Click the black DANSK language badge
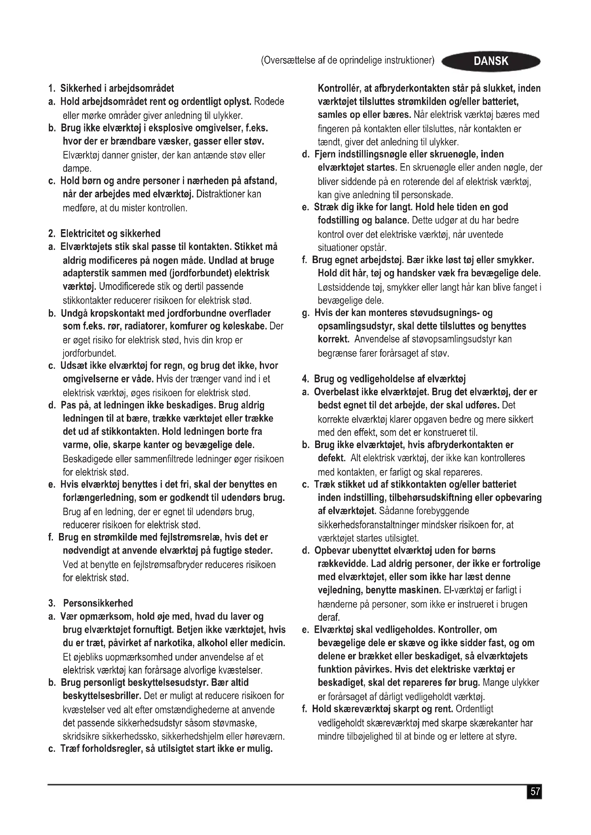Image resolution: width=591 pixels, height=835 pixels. click(x=491, y=61)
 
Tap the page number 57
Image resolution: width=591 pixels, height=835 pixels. click(x=535, y=792)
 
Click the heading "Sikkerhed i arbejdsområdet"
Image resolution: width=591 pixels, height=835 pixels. click(x=117, y=89)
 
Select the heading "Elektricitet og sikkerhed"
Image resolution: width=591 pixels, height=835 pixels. click(x=110, y=233)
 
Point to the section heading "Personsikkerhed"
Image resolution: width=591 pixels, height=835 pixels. click(x=98, y=603)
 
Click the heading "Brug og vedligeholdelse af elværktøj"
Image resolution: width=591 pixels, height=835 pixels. click(x=390, y=379)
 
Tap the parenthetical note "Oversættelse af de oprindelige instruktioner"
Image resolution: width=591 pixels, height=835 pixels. click(x=348, y=60)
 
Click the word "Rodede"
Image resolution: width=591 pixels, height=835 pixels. click(x=269, y=101)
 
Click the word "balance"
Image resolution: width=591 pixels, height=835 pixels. click(x=391, y=220)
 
